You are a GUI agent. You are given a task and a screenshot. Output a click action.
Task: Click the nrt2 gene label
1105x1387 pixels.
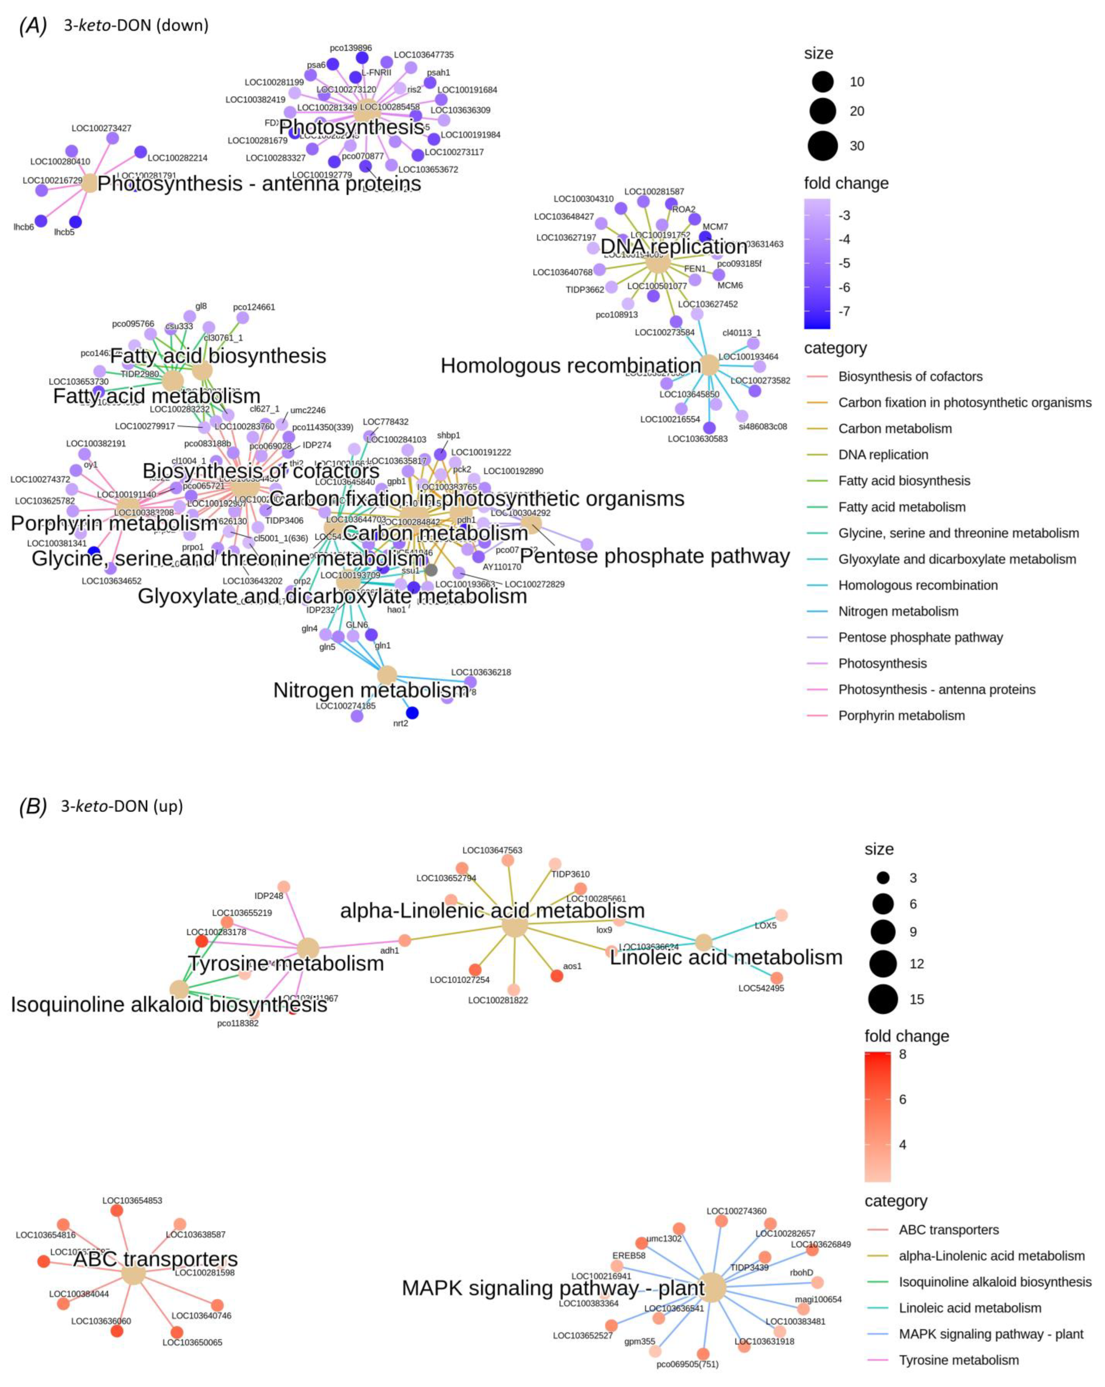tap(400, 723)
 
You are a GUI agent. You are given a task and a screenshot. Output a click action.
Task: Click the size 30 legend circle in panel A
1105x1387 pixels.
tap(823, 145)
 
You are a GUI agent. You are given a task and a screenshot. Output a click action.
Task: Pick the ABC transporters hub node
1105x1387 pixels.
tap(133, 1274)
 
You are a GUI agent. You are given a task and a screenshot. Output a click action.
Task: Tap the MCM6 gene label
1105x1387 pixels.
tap(730, 285)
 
